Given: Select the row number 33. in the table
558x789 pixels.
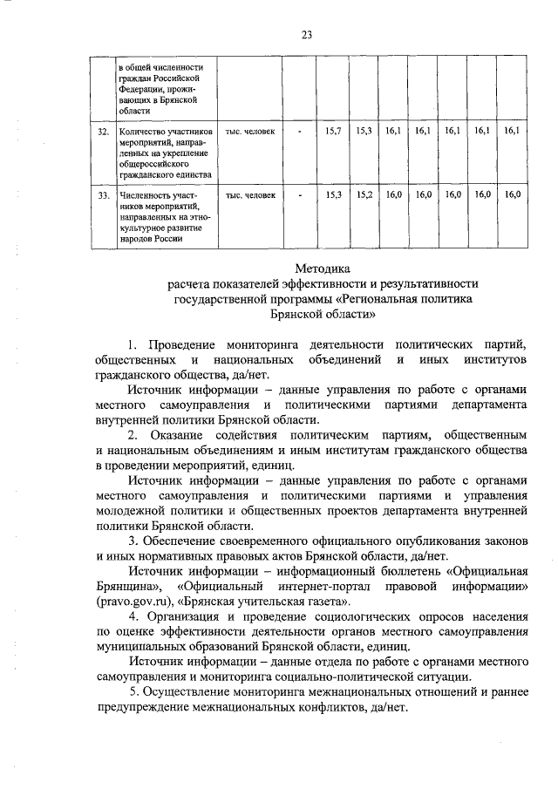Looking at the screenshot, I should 103,195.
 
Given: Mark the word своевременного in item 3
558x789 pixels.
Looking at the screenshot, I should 236,540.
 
